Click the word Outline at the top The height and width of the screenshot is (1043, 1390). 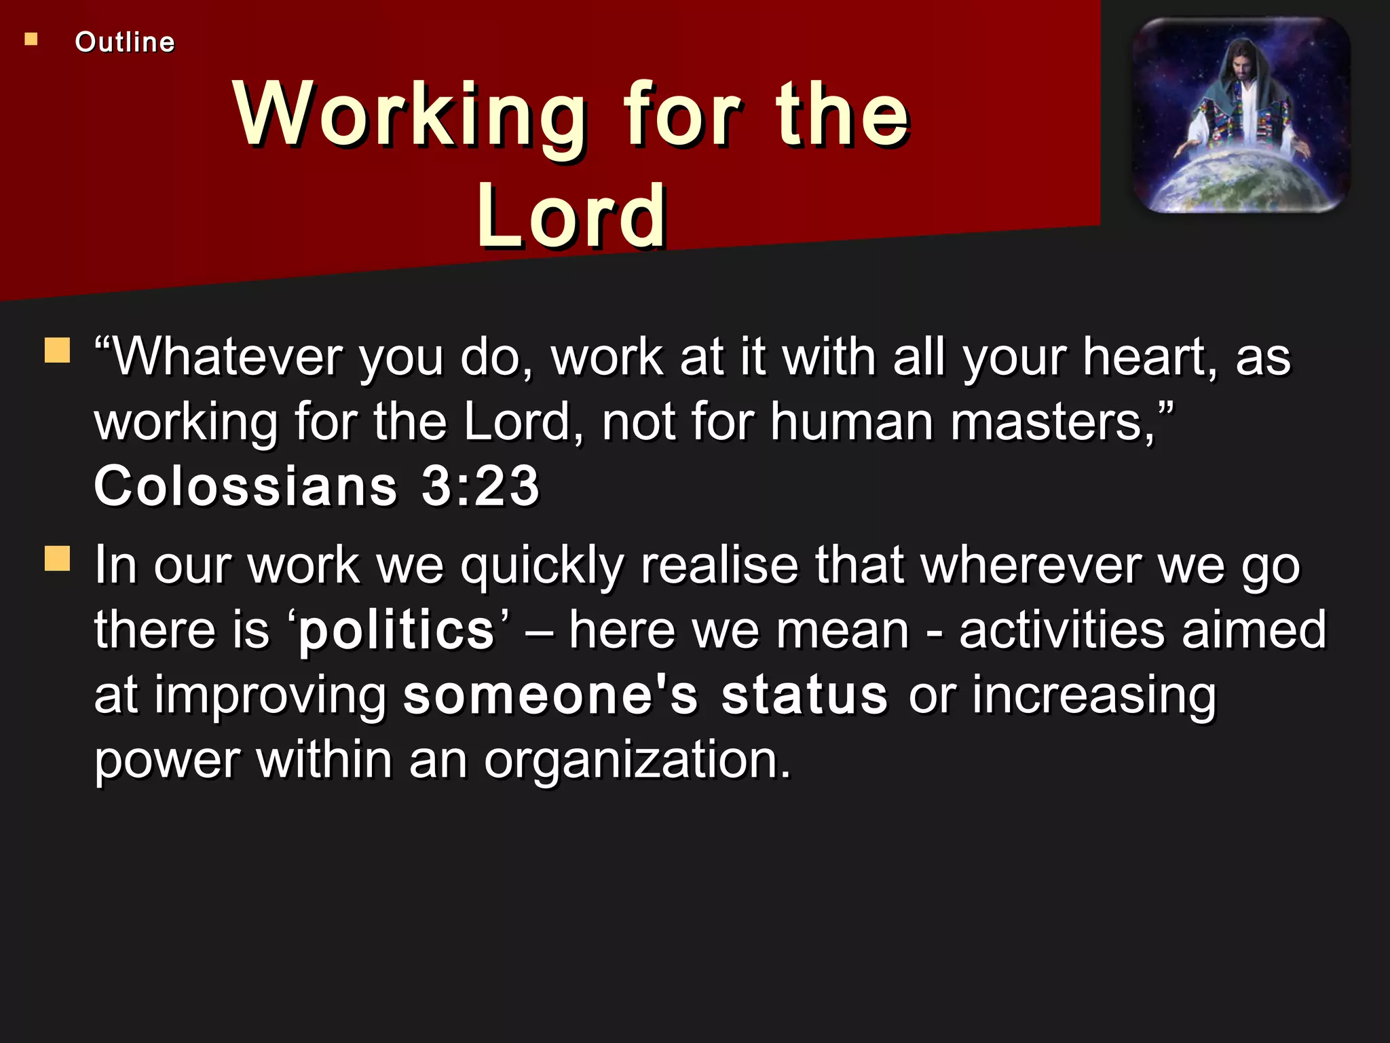pos(125,42)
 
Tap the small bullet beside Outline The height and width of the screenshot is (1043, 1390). pos(31,39)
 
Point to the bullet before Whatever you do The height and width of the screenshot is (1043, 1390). pos(58,350)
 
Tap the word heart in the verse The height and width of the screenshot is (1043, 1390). pos(1150,357)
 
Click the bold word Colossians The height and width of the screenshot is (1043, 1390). pos(246,486)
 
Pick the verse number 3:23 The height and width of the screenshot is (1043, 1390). pos(481,486)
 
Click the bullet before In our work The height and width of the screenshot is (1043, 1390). pos(58,559)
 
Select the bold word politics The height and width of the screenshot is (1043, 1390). pos(397,630)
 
